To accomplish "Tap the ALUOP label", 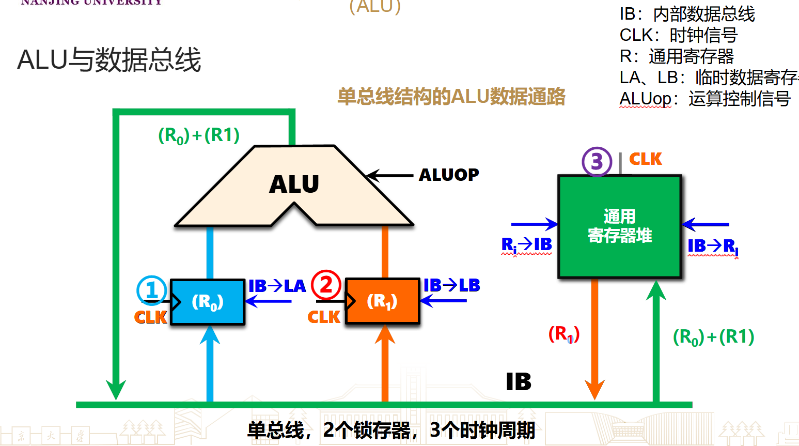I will coord(449,175).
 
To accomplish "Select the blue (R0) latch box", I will coord(207,302).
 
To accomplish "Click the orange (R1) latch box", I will coord(382,301).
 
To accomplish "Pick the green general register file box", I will coord(620,226).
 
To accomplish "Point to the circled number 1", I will coord(151,290).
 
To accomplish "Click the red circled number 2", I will coord(326,285).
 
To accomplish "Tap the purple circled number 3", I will coord(597,162).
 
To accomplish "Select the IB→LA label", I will coord(277,286).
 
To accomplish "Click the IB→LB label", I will coord(451,285).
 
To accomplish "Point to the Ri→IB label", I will coord(526,244).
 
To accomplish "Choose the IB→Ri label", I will coord(713,246).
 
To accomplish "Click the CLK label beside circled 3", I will coord(646,159).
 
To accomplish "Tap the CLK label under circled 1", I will coord(150,317).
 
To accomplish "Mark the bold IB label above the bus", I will coord(519,382).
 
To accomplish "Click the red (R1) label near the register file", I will coord(563,334).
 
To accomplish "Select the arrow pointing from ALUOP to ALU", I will coord(390,176).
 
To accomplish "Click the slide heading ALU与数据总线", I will coord(109,60).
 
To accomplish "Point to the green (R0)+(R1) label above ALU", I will coord(199,135).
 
